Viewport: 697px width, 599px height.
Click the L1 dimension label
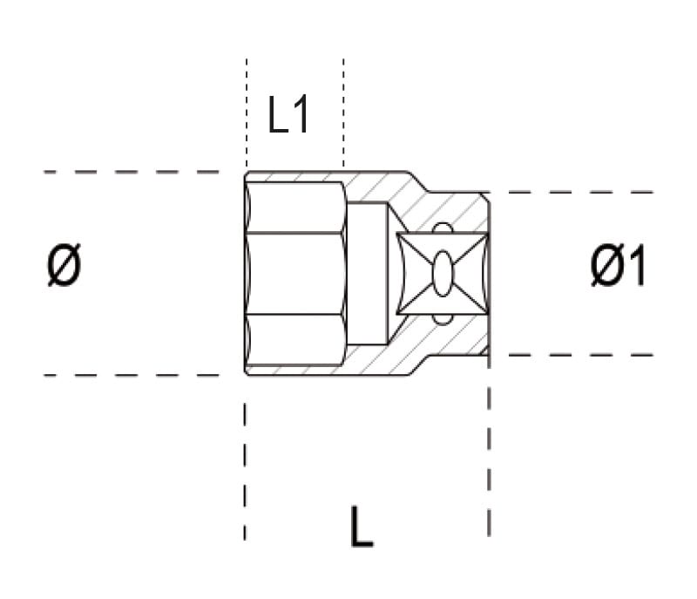click(x=288, y=115)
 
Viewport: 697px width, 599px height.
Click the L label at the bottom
click(x=362, y=526)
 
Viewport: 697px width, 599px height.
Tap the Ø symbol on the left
click(x=64, y=265)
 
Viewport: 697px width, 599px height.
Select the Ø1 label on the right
click(x=618, y=266)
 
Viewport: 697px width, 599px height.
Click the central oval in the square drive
click(x=443, y=273)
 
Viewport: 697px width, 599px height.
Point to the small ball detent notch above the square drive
click(x=443, y=228)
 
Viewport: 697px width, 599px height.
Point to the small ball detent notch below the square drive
click(x=443, y=319)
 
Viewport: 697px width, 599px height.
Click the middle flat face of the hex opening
click(x=295, y=273)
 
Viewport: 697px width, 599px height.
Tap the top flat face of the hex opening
click(x=295, y=207)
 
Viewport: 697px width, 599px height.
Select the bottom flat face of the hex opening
click(x=295, y=339)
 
